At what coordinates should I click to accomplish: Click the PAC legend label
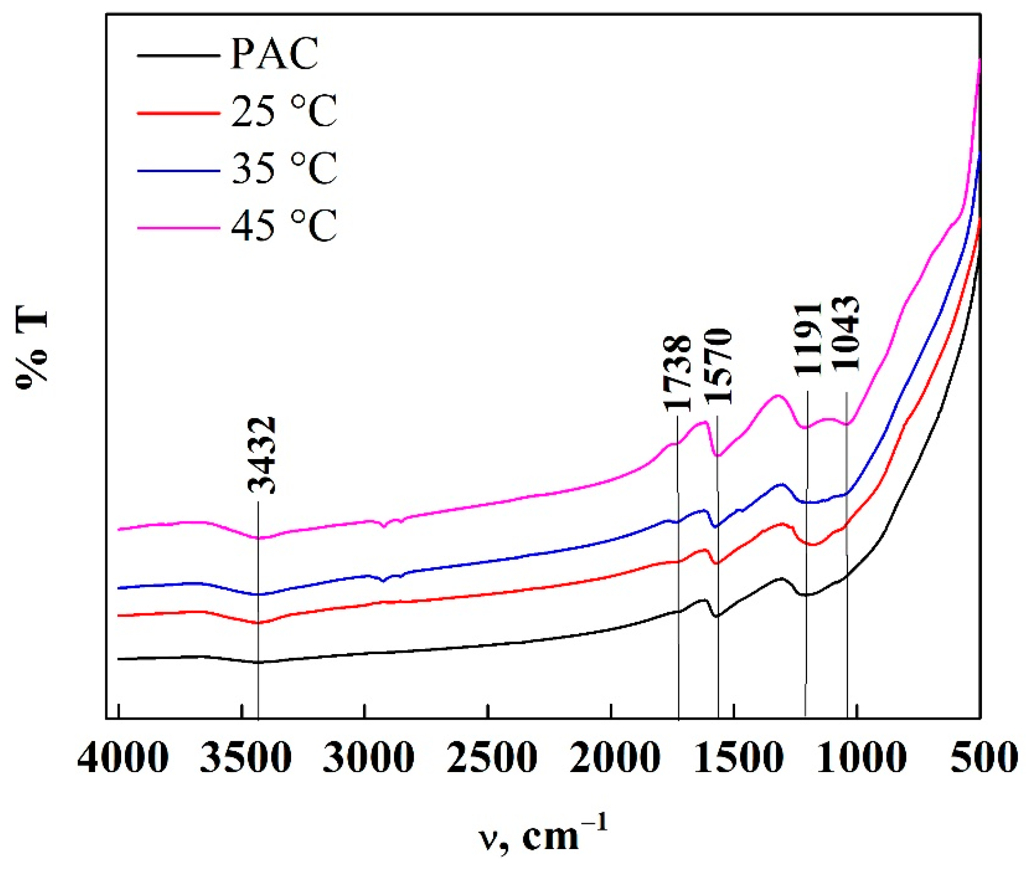274,54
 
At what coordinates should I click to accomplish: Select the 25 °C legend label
284,111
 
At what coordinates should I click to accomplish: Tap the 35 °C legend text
284,168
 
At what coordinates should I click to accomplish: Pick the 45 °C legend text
284,225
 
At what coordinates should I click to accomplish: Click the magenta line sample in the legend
179,227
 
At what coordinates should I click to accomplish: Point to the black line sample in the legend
179,56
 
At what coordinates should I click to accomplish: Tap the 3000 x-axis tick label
368,757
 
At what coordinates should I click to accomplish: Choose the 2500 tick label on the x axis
491,757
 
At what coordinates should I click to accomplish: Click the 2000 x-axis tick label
614,757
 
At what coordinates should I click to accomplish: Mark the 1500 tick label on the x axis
736,757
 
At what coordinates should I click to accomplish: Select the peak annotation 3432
262,455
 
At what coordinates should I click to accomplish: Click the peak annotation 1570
717,366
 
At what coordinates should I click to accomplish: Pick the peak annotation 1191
808,339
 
